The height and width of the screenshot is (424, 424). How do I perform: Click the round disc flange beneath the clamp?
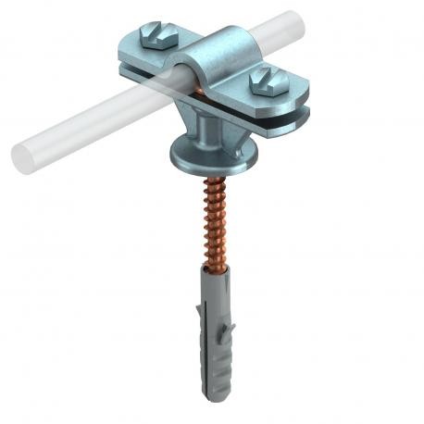[206, 153]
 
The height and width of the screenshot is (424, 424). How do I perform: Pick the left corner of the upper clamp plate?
[123, 67]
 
